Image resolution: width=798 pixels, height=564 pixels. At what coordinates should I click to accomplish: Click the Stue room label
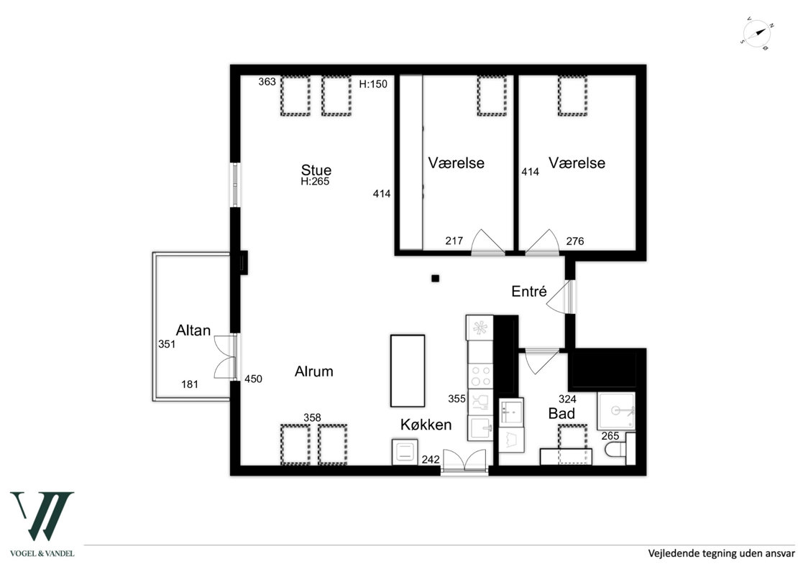click(x=316, y=170)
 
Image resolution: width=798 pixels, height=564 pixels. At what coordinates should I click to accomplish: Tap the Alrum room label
click(x=314, y=371)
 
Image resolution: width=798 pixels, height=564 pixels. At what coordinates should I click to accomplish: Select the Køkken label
click(x=426, y=425)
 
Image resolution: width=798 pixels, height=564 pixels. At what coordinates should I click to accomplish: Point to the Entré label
click(x=529, y=292)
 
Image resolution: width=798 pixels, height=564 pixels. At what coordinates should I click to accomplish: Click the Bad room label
click(x=562, y=413)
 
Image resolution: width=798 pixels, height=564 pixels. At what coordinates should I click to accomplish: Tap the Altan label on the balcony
click(x=193, y=330)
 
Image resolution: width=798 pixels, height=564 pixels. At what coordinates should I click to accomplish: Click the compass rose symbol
click(x=757, y=34)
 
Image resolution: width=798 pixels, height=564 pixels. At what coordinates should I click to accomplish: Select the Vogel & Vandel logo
click(x=42, y=524)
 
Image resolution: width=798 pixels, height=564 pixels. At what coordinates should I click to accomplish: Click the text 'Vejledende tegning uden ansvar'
click(x=721, y=553)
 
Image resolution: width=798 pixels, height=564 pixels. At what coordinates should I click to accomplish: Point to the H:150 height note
click(x=373, y=85)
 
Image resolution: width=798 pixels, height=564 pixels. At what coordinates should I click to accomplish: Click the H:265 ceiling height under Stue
click(x=315, y=182)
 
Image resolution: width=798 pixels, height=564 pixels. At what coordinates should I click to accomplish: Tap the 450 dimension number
click(x=254, y=379)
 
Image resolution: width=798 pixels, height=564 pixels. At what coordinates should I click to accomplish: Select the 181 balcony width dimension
click(x=190, y=384)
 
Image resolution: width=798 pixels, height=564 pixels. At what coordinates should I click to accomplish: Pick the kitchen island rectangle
click(x=408, y=371)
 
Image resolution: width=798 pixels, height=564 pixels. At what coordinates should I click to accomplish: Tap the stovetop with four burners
click(x=480, y=375)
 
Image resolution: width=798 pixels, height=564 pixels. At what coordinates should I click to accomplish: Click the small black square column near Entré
click(x=435, y=278)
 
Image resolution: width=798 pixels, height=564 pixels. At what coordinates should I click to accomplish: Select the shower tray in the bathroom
click(x=616, y=411)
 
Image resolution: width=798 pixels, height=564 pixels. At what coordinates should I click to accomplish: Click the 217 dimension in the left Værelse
click(x=454, y=241)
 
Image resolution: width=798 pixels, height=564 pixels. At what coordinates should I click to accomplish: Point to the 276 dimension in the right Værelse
click(x=575, y=241)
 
